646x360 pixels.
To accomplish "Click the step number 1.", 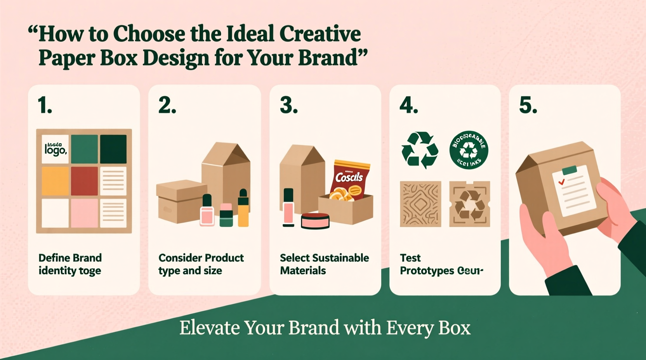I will (x=45, y=105).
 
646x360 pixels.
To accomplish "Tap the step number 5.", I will (x=528, y=105).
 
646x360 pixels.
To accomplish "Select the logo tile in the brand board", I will (x=55, y=149).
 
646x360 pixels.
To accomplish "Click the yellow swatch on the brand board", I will (x=55, y=181).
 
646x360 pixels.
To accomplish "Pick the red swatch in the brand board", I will (x=84, y=181).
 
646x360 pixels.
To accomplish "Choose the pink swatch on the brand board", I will (x=84, y=213).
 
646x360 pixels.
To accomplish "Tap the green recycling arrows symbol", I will (x=420, y=151).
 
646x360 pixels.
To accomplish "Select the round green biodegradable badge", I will (x=469, y=150).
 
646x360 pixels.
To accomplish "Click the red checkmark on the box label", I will (x=561, y=182).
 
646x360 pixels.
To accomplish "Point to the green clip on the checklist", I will (x=570, y=170).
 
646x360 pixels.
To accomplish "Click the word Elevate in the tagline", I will (x=210, y=328).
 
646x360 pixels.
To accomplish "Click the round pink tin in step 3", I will (x=315, y=221).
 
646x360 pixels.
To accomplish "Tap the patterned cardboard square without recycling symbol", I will (x=420, y=204).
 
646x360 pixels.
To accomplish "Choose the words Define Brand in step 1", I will (x=70, y=258).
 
